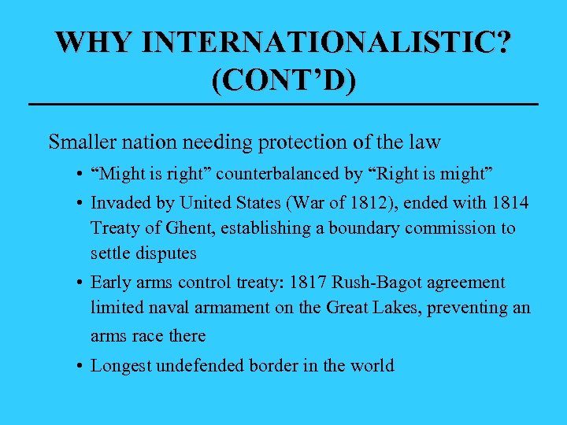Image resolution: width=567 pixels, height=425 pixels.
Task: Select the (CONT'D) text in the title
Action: [x=283, y=81]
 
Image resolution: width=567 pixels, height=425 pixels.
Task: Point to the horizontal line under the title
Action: [x=283, y=105]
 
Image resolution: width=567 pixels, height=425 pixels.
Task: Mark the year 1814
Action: [x=510, y=202]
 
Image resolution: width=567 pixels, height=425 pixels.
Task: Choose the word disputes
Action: [x=166, y=254]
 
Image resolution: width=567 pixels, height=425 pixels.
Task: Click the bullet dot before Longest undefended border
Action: [x=81, y=366]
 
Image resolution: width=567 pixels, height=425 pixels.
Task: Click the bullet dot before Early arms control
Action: [x=81, y=283]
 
